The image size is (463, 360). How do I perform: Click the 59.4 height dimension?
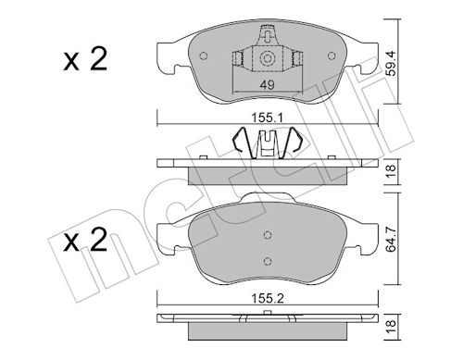[x=392, y=64]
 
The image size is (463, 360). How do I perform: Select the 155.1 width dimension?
[x=268, y=118]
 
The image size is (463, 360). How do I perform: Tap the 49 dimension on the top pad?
[x=268, y=85]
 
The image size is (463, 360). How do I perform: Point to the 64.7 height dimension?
[x=392, y=239]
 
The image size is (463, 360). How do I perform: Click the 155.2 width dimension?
[x=268, y=298]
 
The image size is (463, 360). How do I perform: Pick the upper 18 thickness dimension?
[x=392, y=172]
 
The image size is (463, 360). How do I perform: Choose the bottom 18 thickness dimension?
[x=392, y=328]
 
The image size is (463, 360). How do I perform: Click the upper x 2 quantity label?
[x=85, y=59]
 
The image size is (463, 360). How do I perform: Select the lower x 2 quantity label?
[x=85, y=240]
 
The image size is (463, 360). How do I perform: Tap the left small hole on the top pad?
[x=204, y=56]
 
